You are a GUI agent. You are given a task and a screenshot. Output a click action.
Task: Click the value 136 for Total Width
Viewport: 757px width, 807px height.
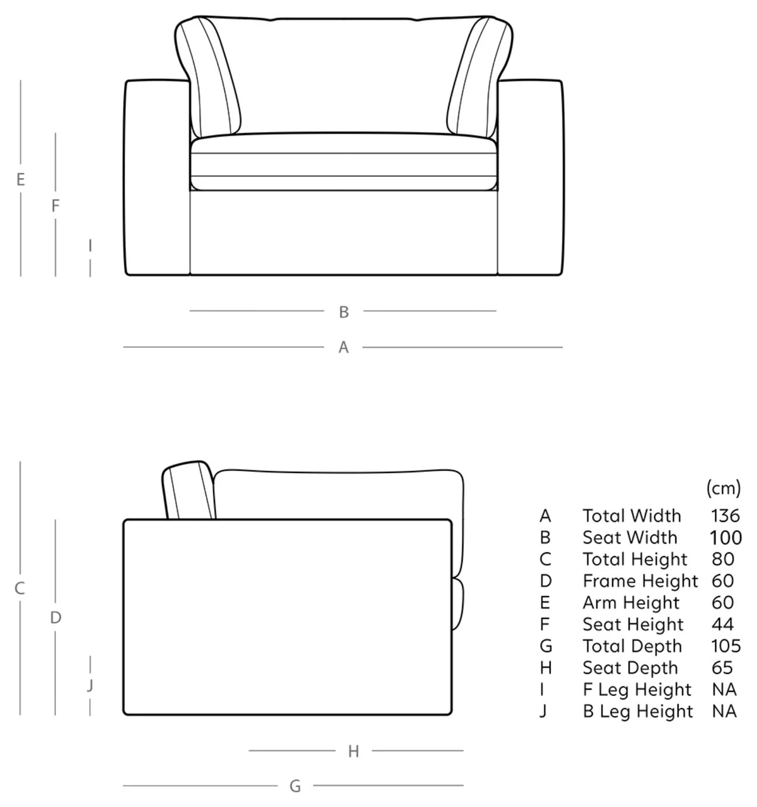pyautogui.click(x=725, y=516)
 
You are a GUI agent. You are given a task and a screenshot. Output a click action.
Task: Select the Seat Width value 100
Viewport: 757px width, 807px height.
pyautogui.click(x=725, y=538)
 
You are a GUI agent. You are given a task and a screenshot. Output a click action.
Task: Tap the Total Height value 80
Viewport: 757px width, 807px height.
pyautogui.click(x=723, y=559)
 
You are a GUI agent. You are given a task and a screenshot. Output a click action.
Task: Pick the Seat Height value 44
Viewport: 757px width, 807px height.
pyautogui.click(x=723, y=624)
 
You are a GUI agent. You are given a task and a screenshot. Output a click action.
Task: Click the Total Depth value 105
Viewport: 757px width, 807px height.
pyautogui.click(x=725, y=646)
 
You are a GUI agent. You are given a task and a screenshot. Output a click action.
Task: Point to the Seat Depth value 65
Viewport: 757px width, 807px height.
pyautogui.click(x=722, y=667)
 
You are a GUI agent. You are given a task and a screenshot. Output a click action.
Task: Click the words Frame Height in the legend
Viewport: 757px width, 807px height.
pyautogui.click(x=640, y=582)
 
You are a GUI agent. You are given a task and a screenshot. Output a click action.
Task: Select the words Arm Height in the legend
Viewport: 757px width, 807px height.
pyautogui.click(x=631, y=603)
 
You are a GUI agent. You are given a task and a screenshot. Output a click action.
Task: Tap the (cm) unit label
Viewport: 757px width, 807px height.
pyautogui.click(x=724, y=488)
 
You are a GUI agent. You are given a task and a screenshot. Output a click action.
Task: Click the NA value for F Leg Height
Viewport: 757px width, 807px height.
pyautogui.click(x=724, y=689)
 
